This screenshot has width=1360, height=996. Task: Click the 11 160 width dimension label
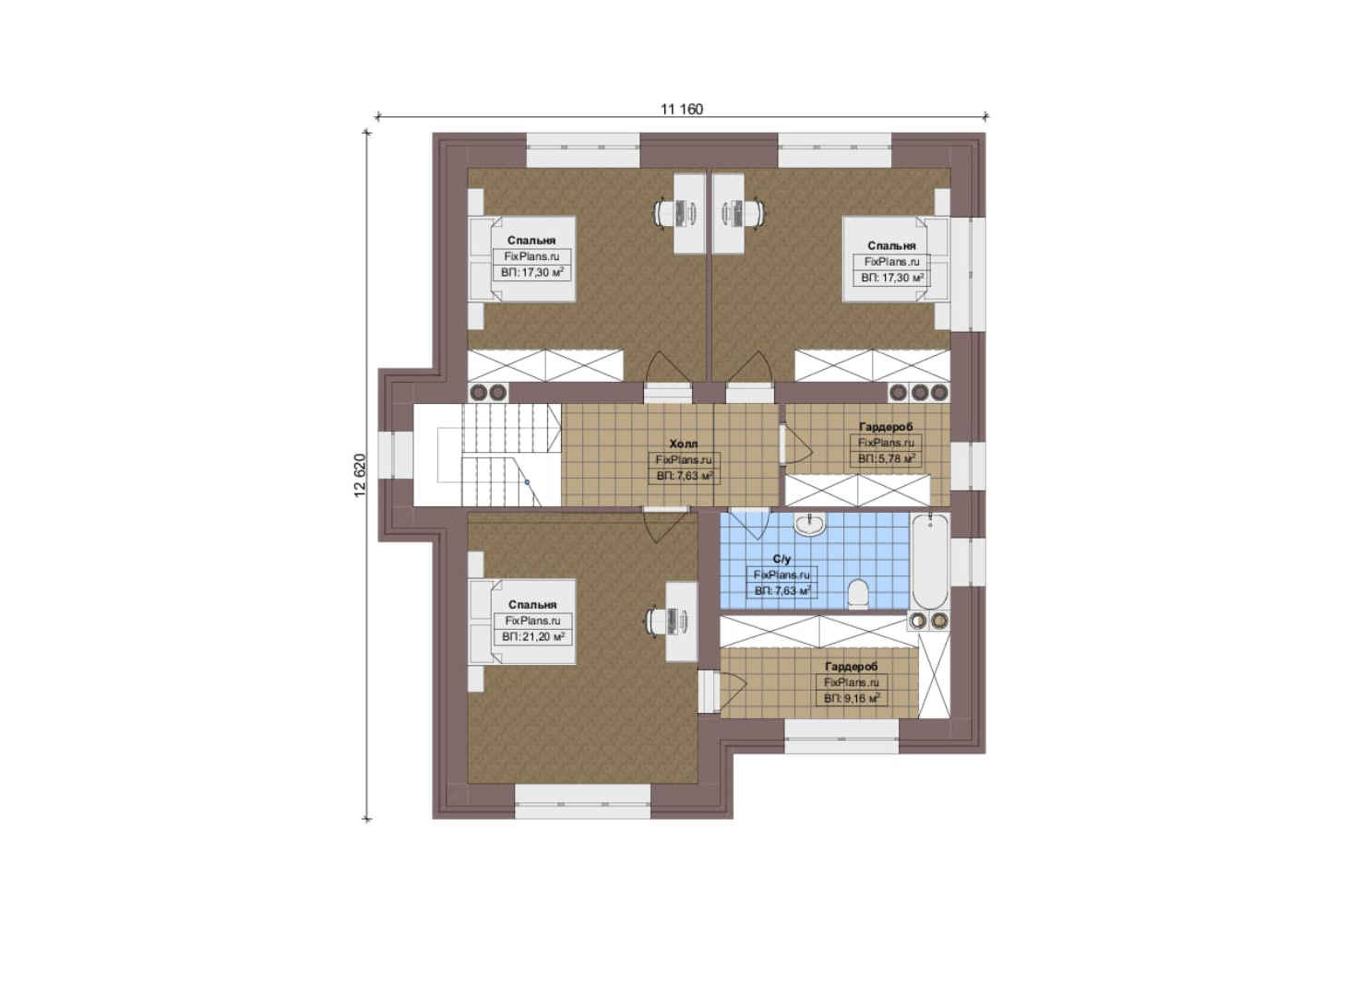(682, 109)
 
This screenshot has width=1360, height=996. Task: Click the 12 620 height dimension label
(360, 476)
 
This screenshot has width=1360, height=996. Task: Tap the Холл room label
(683, 444)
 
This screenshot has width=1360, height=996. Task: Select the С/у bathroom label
(781, 558)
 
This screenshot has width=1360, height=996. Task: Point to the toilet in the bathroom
(858, 592)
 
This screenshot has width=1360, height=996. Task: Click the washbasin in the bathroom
(809, 525)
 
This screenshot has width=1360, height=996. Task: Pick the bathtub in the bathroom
(929, 562)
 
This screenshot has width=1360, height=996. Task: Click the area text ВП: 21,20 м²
(533, 636)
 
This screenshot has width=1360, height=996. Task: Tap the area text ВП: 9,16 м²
(852, 699)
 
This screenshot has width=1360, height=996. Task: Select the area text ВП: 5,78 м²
(886, 459)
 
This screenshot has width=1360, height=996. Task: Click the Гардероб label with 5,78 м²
(886, 427)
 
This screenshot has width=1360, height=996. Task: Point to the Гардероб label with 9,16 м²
(852, 667)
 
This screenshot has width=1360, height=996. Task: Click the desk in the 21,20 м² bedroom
(681, 622)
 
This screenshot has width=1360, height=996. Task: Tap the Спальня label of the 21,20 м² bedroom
(532, 605)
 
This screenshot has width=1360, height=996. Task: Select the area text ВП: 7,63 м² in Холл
(685, 476)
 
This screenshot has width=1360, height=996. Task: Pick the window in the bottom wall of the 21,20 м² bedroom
(583, 801)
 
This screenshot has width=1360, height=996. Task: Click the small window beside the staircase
(396, 455)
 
